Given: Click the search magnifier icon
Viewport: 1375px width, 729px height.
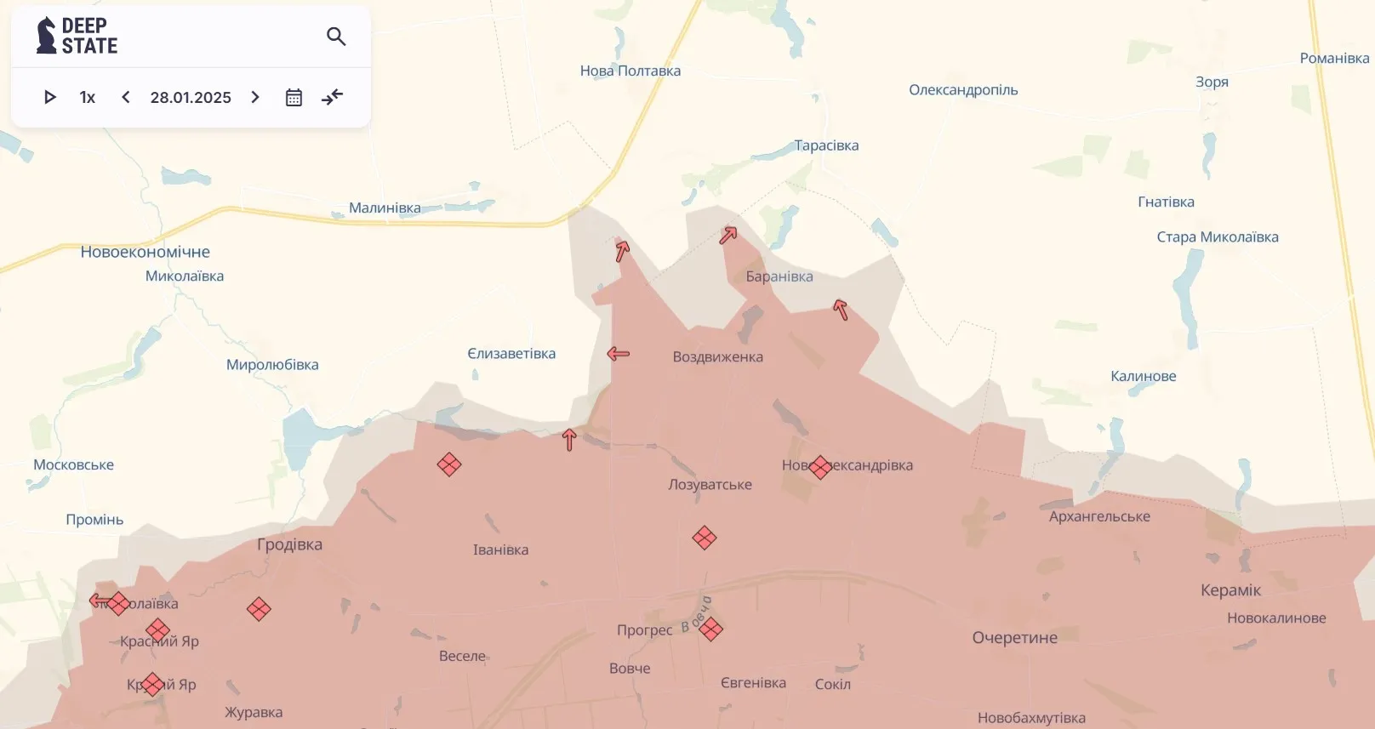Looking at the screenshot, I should click(x=336, y=37).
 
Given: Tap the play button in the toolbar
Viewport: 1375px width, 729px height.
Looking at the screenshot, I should click(x=49, y=97).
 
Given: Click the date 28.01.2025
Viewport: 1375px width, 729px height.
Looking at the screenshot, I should click(x=191, y=98).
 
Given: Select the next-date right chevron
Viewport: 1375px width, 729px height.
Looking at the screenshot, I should click(x=255, y=97).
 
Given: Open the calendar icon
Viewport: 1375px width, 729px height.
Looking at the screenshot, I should click(x=294, y=97).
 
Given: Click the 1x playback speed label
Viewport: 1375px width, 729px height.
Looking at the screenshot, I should click(x=88, y=98).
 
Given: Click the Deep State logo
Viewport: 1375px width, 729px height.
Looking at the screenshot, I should click(x=77, y=36).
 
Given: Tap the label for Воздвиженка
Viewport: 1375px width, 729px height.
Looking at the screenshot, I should click(x=717, y=357).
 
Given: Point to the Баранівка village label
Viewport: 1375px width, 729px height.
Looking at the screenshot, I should click(x=779, y=276).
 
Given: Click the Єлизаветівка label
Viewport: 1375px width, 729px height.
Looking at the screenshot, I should click(x=511, y=354).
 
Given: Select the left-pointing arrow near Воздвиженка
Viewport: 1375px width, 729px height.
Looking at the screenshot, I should click(x=619, y=353).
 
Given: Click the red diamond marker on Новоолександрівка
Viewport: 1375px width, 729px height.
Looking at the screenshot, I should click(x=820, y=467).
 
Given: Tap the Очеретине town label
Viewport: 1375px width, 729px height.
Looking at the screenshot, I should click(x=1014, y=638).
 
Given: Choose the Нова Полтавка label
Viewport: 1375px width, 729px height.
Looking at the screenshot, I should click(x=630, y=71).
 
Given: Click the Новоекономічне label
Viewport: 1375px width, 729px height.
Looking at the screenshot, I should click(x=145, y=252).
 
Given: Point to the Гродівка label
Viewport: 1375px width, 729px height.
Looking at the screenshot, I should click(x=289, y=544).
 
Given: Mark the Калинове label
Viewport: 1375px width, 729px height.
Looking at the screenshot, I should click(x=1143, y=376).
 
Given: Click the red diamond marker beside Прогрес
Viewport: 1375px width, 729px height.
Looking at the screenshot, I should click(x=710, y=629).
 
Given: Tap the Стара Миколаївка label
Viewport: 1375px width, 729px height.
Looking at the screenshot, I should click(x=1217, y=237).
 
